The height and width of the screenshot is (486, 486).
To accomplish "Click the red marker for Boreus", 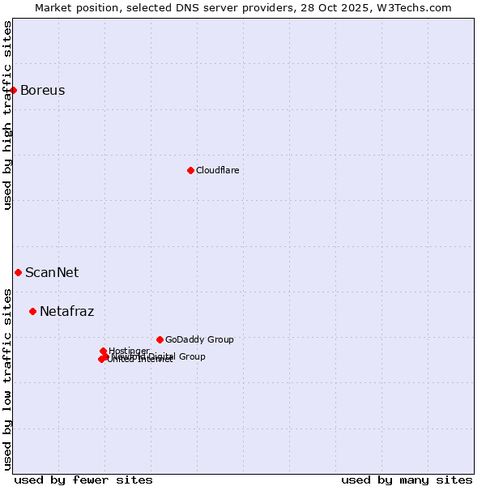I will (x=14, y=90).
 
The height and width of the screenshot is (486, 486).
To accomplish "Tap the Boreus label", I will (x=42, y=90).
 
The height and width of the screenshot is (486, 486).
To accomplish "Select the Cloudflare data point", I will (x=190, y=170).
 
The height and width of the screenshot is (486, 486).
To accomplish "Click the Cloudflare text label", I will (x=217, y=170).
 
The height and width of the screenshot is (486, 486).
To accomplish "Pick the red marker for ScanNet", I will (x=18, y=272).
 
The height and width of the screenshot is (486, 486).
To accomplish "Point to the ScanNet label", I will (x=52, y=272).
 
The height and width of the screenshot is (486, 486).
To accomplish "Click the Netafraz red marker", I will (x=32, y=311).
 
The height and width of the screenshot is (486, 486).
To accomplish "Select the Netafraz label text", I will (x=66, y=311).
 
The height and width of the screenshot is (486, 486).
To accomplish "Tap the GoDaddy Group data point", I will (x=160, y=339).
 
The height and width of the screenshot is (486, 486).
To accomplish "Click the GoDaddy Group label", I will (x=199, y=339).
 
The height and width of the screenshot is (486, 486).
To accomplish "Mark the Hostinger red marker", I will (x=103, y=351).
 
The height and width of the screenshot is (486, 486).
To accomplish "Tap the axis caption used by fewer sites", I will (x=83, y=480).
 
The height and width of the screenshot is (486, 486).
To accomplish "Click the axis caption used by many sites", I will (x=407, y=480).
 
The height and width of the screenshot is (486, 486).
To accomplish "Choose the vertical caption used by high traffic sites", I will (x=7, y=115).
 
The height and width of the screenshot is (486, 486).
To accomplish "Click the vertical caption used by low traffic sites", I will (x=7, y=378).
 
